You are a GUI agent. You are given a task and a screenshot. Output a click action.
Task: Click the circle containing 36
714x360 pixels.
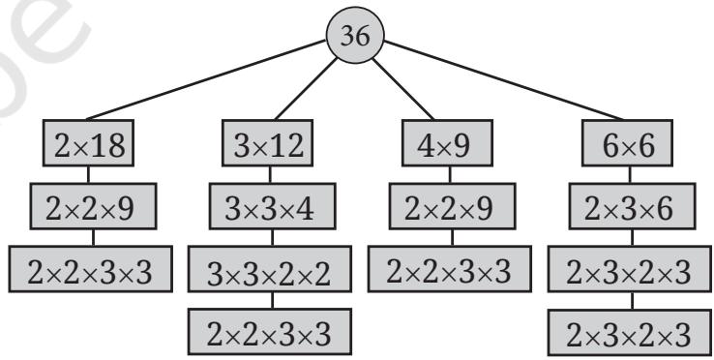pyautogui.click(x=355, y=35)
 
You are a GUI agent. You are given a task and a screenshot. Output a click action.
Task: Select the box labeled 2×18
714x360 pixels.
pyautogui.click(x=88, y=142)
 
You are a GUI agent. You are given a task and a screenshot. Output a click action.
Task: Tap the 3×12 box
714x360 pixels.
pyautogui.click(x=268, y=142)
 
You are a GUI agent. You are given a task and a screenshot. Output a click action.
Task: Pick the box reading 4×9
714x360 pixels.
pyautogui.click(x=447, y=142)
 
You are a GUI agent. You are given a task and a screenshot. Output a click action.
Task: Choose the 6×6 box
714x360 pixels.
pyautogui.click(x=628, y=142)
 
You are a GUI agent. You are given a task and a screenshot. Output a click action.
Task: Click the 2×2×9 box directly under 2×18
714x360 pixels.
pyautogui.click(x=93, y=206)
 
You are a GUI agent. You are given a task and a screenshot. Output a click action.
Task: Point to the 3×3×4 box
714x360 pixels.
pyautogui.click(x=272, y=206)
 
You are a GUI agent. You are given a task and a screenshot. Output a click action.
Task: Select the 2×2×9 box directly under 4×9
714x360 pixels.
pyautogui.click(x=452, y=206)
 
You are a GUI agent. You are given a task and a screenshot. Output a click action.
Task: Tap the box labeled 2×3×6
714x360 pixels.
pyautogui.click(x=632, y=206)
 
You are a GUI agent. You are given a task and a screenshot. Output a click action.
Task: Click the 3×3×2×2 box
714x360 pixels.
pyautogui.click(x=270, y=269)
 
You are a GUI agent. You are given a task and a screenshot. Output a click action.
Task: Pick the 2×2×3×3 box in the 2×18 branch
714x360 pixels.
pyautogui.click(x=91, y=269)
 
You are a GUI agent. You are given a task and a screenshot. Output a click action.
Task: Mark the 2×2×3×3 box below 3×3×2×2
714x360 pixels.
pyautogui.click(x=270, y=332)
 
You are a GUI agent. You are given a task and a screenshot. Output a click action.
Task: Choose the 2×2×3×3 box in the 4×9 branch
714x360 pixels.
pyautogui.click(x=450, y=269)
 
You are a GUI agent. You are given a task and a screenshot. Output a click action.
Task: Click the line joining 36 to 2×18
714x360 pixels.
pyautogui.click(x=206, y=79)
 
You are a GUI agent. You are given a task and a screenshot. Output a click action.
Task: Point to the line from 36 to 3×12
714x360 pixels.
pyautogui.click(x=306, y=89)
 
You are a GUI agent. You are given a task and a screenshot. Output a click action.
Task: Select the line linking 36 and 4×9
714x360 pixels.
pyautogui.click(x=403, y=89)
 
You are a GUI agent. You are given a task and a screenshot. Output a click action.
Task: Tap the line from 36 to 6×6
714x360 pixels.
pyautogui.click(x=504, y=79)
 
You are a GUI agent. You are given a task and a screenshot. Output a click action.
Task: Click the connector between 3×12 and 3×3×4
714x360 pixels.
pyautogui.click(x=270, y=174)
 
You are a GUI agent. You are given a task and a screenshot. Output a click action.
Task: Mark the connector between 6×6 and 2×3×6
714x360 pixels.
pyautogui.click(x=630, y=174)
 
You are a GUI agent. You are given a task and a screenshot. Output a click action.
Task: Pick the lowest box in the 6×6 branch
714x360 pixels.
pyautogui.click(x=630, y=332)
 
